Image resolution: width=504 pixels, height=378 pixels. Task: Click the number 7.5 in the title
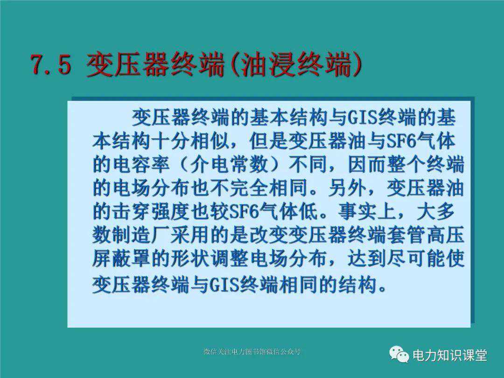(x=51, y=64)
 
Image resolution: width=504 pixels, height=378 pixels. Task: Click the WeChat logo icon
(x=399, y=354)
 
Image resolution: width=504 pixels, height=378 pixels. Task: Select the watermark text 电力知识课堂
(x=450, y=355)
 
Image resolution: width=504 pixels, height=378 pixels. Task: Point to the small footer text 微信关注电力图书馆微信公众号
(x=252, y=351)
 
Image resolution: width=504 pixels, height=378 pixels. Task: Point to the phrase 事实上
(x=367, y=211)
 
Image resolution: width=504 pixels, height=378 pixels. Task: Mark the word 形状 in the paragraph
(x=190, y=258)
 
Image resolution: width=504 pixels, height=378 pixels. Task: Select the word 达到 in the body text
(x=367, y=258)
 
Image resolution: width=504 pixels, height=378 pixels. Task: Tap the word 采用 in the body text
(x=190, y=235)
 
